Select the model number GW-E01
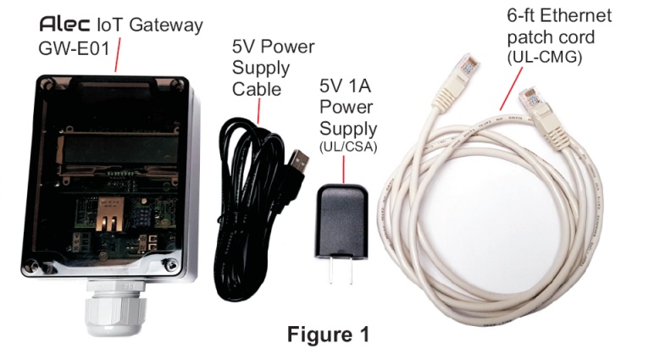73,48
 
